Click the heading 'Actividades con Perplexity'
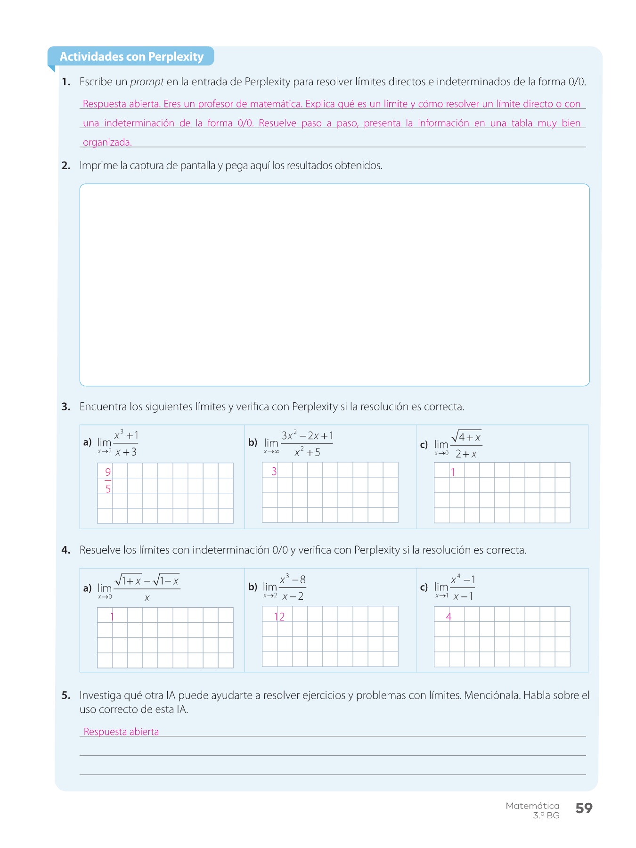click(x=131, y=57)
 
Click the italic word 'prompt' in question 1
click(x=147, y=82)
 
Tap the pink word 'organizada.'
click(x=107, y=142)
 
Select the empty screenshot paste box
click(x=334, y=285)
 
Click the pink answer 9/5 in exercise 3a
click(x=108, y=480)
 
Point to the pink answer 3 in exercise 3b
click(x=274, y=471)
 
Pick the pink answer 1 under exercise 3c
click(x=453, y=472)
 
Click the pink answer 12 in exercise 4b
click(x=279, y=617)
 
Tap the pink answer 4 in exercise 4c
click(x=448, y=616)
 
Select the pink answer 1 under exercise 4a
click(x=112, y=617)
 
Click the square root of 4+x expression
click(x=466, y=437)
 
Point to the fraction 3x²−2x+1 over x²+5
click(x=307, y=444)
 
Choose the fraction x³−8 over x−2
click(x=292, y=587)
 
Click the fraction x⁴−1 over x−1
click(x=463, y=587)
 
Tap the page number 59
click(x=584, y=808)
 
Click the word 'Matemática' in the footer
click(x=532, y=806)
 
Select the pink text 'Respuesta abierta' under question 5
click(x=121, y=732)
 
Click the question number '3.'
click(x=66, y=407)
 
